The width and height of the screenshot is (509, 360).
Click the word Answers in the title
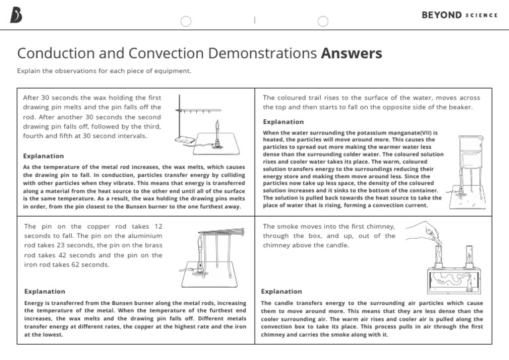click(x=351, y=54)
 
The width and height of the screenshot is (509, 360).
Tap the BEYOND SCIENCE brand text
click(x=459, y=15)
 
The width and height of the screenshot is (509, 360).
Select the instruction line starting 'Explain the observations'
click(x=103, y=71)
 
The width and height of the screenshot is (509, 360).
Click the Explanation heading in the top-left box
click(x=44, y=156)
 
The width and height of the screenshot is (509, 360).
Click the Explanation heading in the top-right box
click(x=284, y=122)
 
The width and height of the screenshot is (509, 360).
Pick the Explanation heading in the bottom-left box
click(x=44, y=291)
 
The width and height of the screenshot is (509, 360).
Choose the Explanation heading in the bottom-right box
click(x=281, y=291)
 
